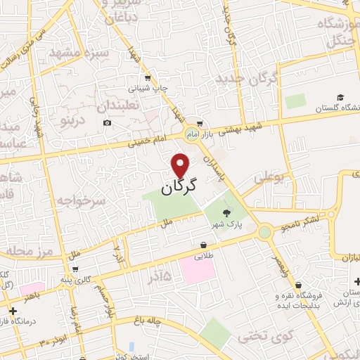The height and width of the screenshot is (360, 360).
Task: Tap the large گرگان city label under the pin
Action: click(x=179, y=186)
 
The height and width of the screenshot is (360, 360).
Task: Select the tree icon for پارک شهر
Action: click(x=226, y=213)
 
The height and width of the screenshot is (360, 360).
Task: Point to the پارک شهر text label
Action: click(x=228, y=225)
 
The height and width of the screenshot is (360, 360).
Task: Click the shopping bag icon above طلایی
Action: click(x=204, y=245)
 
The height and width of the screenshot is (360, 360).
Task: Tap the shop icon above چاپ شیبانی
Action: click(x=148, y=78)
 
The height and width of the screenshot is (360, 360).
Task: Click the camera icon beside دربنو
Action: click(x=107, y=123)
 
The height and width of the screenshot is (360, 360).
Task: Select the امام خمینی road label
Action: click(x=149, y=141)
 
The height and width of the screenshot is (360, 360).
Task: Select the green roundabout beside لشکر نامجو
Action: click(x=265, y=232)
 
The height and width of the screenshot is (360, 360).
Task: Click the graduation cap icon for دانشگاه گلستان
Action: click(x=340, y=97)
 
